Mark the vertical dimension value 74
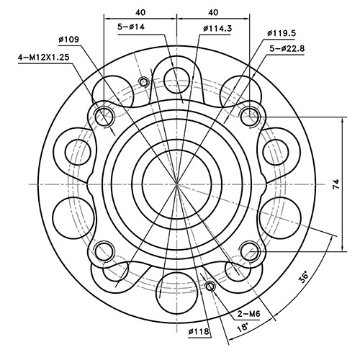tap(336, 184)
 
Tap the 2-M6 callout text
tap(249, 314)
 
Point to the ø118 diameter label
tap(199, 333)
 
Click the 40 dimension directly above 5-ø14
tap(140, 12)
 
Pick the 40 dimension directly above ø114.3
tap(213, 12)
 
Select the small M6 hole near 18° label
tap(210, 287)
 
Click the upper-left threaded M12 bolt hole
tap(105, 114)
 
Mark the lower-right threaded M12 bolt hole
tap(250, 250)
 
